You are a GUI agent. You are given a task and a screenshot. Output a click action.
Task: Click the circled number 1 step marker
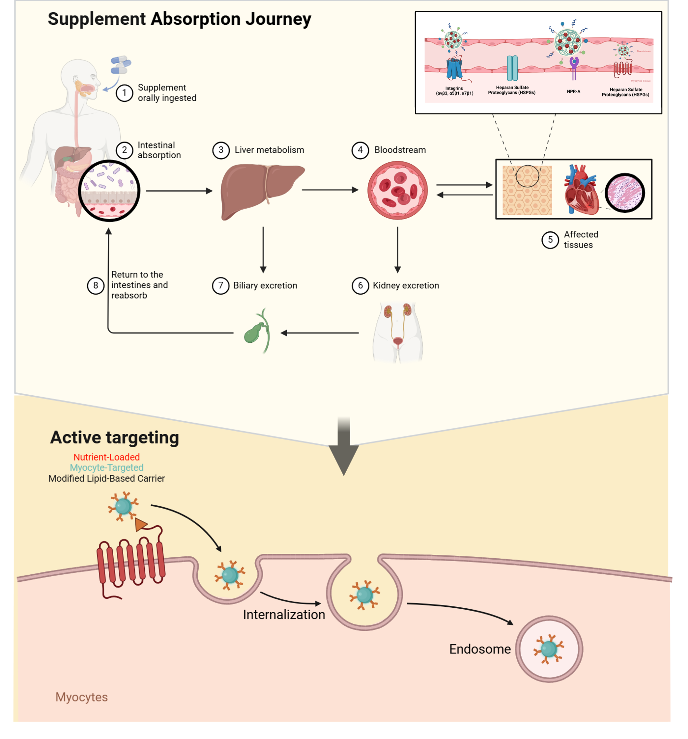(124, 93)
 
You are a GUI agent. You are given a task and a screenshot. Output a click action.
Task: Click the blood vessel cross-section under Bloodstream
(397, 190)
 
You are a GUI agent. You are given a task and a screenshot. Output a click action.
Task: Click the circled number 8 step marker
(96, 285)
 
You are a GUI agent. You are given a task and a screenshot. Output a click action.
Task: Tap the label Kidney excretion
(406, 285)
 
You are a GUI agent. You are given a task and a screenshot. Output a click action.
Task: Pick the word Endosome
(480, 649)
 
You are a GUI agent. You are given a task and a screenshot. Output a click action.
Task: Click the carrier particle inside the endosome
(549, 649)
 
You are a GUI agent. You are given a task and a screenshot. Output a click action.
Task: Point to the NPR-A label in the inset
(573, 92)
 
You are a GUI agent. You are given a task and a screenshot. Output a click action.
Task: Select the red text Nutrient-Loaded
(106, 457)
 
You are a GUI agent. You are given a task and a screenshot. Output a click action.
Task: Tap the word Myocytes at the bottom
(81, 697)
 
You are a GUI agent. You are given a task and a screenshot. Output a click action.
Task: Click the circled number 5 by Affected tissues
(550, 240)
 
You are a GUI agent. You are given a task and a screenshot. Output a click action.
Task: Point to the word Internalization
(284, 615)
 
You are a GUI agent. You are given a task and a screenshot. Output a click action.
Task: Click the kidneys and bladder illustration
(397, 331)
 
